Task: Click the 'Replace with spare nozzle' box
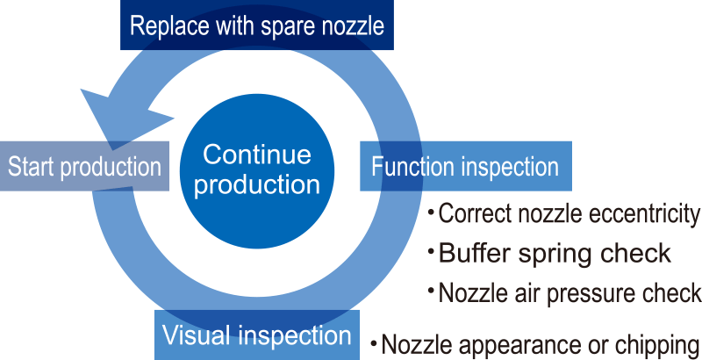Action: coord(257,25)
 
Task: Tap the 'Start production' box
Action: coord(84,166)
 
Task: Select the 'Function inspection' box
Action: coord(466,166)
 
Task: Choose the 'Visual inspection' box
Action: coord(257,335)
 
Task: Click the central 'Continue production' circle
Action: coord(257,171)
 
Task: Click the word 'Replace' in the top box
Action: coord(168,25)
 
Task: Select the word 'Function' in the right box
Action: coord(412,167)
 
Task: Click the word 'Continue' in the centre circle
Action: coord(257,155)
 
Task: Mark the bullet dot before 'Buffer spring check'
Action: coord(432,251)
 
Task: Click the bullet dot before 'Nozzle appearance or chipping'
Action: coord(374,344)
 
